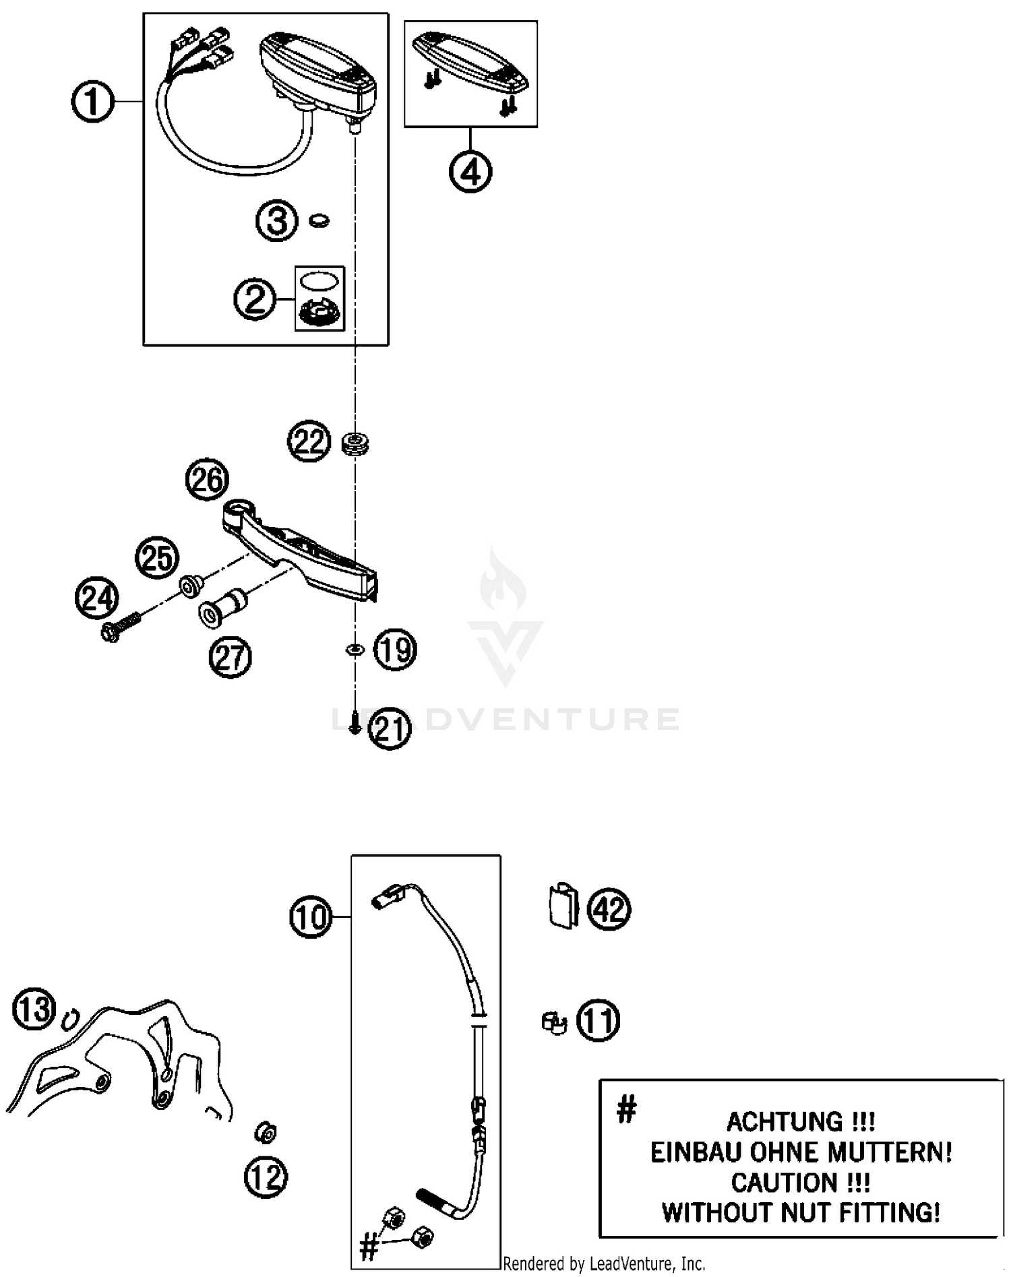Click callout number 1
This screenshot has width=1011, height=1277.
click(x=92, y=102)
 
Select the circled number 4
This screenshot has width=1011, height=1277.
click(x=470, y=172)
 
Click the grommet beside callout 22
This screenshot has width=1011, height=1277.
click(x=356, y=444)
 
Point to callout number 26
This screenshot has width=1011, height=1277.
click(x=207, y=480)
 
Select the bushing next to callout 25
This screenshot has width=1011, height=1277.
click(x=189, y=586)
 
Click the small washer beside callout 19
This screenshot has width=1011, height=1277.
click(x=354, y=650)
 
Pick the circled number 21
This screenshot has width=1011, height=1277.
click(x=390, y=730)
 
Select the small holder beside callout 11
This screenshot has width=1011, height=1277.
click(x=554, y=1023)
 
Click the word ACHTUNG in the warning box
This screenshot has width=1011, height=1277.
click(x=785, y=1122)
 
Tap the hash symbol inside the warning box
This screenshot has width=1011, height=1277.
click(x=626, y=1109)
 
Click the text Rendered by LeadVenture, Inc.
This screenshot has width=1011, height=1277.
click(x=604, y=1264)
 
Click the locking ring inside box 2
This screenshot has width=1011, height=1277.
click(x=319, y=313)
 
